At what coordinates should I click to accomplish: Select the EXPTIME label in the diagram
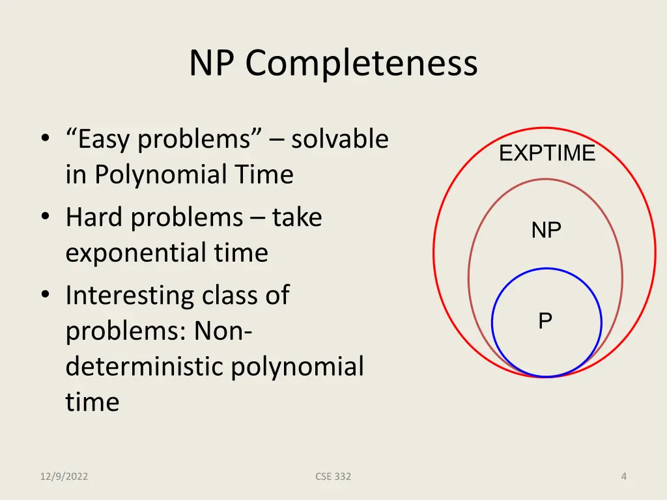click(547, 154)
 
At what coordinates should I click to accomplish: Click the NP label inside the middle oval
click(546, 230)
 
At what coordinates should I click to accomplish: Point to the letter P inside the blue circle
click(545, 320)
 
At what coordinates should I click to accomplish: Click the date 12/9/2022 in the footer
click(63, 477)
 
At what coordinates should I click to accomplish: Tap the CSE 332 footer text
click(333, 477)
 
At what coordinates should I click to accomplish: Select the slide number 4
click(623, 477)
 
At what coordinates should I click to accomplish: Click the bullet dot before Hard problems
click(45, 218)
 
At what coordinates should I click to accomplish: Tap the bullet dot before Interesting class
click(45, 296)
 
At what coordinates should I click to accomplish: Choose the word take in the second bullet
click(297, 217)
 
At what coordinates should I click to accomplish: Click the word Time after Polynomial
click(264, 174)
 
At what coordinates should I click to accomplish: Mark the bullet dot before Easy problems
click(45, 139)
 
